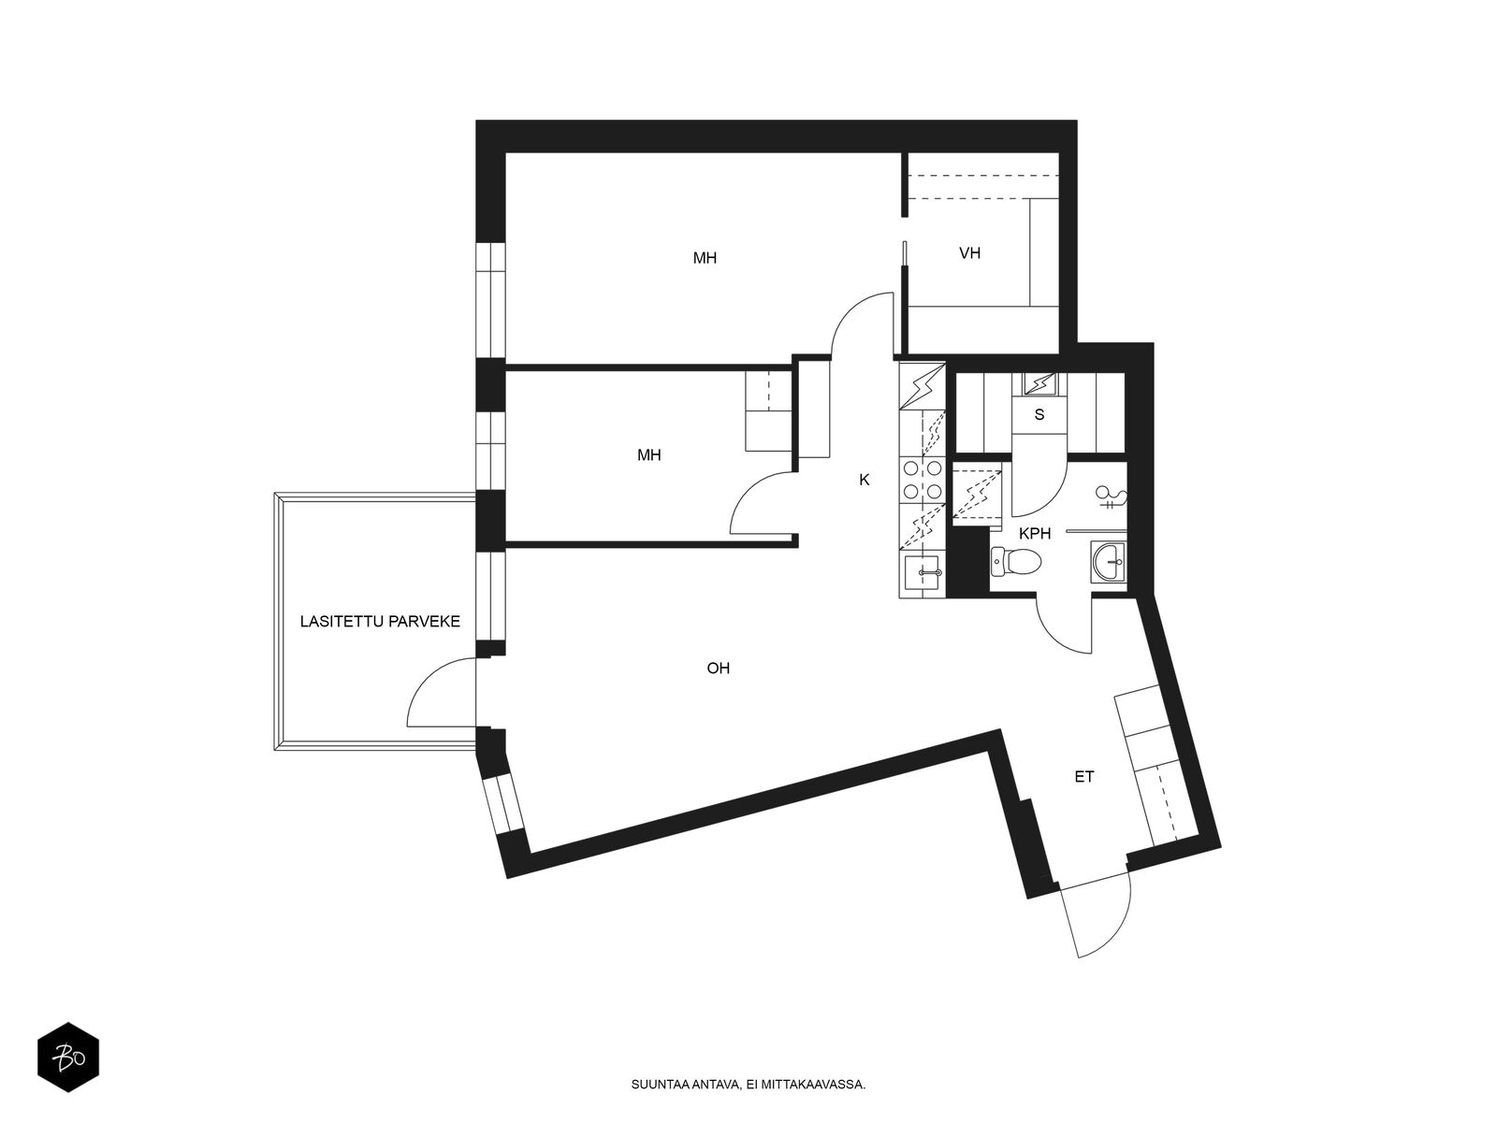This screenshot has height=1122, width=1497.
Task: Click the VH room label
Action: (969, 253)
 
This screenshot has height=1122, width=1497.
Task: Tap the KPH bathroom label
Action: (1035, 534)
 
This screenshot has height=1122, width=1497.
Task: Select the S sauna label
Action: (1039, 415)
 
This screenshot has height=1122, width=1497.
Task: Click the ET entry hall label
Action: (1083, 777)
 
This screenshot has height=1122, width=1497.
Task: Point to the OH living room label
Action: (719, 669)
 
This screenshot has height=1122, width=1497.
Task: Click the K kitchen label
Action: (865, 481)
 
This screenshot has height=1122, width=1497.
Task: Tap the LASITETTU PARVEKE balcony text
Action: (380, 621)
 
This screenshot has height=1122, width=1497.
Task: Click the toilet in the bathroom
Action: (1015, 562)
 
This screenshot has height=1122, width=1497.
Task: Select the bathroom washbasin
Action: (1109, 562)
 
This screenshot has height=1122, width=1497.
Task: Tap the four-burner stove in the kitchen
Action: (923, 480)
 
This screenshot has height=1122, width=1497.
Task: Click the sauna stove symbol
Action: (1039, 385)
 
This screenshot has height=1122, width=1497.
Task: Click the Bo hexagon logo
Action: (68, 1057)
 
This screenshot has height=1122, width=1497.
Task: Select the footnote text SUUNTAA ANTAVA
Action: (686, 1085)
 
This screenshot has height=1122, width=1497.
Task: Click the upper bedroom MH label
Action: (705, 258)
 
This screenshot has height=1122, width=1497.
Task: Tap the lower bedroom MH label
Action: (648, 455)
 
